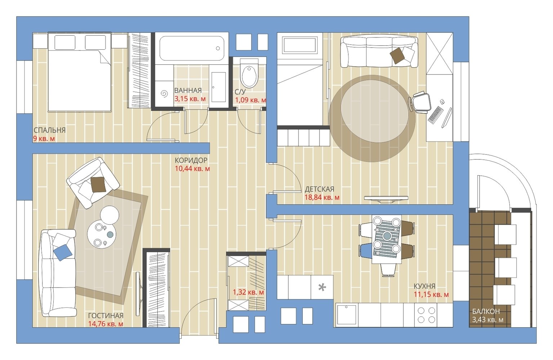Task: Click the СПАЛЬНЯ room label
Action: (50, 130)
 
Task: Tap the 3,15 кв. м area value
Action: (190, 99)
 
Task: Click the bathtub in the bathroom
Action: (192, 48)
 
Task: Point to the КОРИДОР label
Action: (191, 161)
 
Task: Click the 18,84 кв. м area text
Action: (322, 198)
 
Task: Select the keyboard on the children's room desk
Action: (435, 115)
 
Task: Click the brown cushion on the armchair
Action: (98, 184)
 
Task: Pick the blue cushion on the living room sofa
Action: (63, 252)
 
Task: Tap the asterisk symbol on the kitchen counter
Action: (322, 287)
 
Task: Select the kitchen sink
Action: (347, 315)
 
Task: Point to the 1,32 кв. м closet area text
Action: (248, 292)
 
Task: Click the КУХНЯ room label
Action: (424, 286)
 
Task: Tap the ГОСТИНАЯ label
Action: (106, 316)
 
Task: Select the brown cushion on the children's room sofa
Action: (397, 56)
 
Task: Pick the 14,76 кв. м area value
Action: (106, 324)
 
